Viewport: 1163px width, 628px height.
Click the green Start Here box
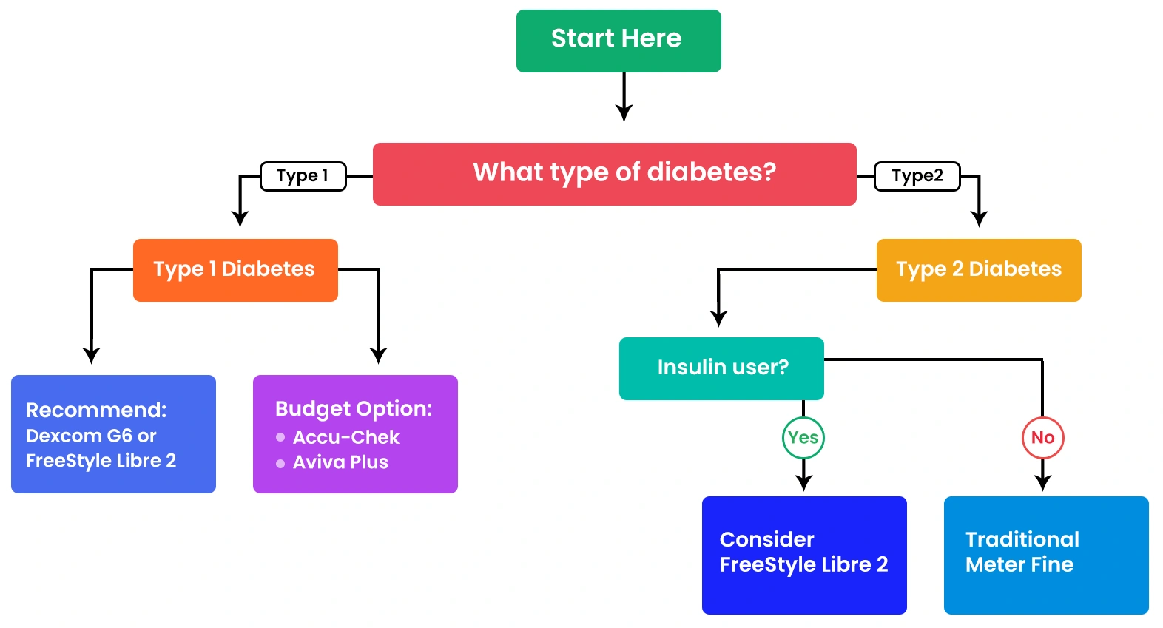click(618, 41)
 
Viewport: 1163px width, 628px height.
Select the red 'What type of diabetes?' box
click(614, 174)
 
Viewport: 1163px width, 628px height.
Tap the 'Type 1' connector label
click(303, 176)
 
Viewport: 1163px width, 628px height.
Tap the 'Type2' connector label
click(917, 176)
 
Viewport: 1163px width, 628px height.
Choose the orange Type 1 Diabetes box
click(235, 270)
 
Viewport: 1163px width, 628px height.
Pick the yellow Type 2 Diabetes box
click(978, 270)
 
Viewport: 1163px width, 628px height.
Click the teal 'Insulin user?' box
click(721, 368)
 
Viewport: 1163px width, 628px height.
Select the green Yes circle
click(803, 438)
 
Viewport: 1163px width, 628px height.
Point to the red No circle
click(1042, 438)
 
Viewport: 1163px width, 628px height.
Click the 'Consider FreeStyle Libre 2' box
click(804, 555)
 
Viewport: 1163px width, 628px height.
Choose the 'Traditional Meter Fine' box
click(1046, 555)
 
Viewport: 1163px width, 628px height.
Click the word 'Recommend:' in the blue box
click(96, 411)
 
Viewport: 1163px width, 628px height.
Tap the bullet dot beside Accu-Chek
click(280, 437)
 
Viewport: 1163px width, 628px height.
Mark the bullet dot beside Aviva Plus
click(280, 464)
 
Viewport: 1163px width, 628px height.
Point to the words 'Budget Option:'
click(354, 409)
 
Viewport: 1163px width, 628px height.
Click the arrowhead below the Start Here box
click(624, 113)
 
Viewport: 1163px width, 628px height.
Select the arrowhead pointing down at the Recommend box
click(91, 355)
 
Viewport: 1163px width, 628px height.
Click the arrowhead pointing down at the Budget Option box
click(379, 355)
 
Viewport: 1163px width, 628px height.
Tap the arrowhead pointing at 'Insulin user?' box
click(718, 319)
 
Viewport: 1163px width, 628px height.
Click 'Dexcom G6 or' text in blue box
click(91, 436)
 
